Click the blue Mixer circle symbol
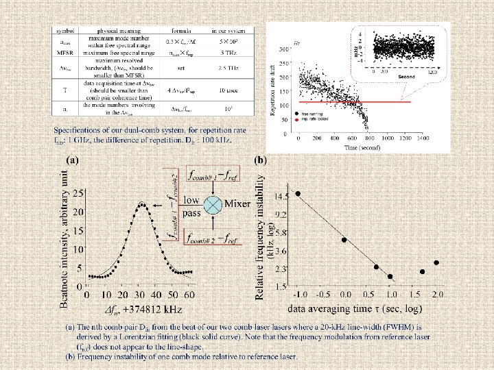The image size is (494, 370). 214,204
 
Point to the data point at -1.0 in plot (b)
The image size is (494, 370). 298,194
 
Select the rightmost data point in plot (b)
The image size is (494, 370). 436,262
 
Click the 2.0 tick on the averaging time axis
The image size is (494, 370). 437,294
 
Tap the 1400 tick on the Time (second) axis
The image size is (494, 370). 441,138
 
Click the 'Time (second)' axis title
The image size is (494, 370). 363,147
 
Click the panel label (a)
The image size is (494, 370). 72,160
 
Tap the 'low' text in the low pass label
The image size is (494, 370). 191,200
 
